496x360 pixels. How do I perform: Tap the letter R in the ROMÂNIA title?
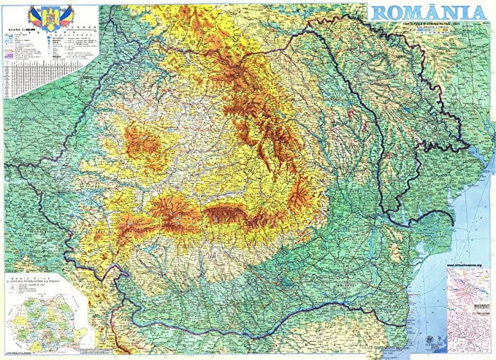(382, 13)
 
